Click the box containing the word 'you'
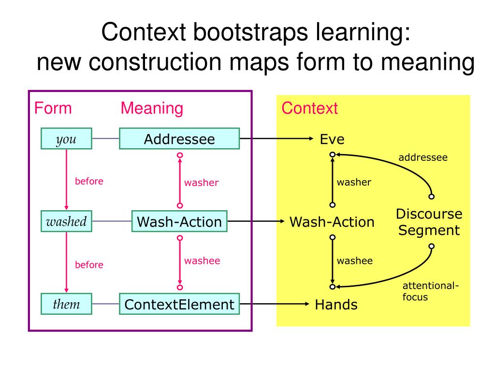(66, 139)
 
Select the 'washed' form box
(66, 221)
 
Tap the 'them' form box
(66, 304)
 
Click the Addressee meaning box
(179, 139)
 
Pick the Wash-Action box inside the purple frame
(179, 221)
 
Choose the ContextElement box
(179, 304)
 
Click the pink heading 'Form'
(53, 108)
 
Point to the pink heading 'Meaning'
(152, 108)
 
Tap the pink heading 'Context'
(310, 108)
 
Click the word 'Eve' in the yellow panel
(332, 139)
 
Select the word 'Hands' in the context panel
(336, 305)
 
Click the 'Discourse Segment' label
(429, 222)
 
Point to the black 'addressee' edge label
(423, 157)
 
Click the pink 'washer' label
(202, 183)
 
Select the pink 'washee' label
(202, 261)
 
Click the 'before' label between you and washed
(89, 181)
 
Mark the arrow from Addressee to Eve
(277, 139)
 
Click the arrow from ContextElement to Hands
(275, 304)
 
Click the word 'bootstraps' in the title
(250, 32)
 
